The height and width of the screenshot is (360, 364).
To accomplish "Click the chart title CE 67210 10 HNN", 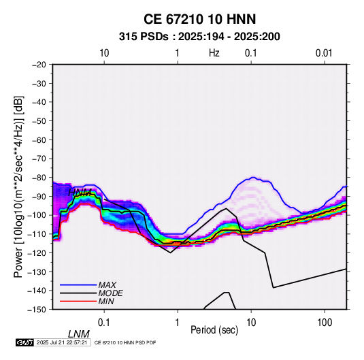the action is pyautogui.click(x=199, y=19).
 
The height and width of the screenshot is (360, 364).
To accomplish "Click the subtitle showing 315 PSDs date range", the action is pyautogui.click(x=199, y=37).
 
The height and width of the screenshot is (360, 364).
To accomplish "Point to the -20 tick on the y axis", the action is pyautogui.click(x=39, y=65).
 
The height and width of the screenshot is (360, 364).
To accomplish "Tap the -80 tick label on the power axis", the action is pyautogui.click(x=39, y=178).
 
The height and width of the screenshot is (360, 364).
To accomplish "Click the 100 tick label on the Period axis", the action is pyautogui.click(x=325, y=323).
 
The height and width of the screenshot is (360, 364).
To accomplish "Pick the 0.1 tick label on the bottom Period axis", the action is pyautogui.click(x=104, y=323).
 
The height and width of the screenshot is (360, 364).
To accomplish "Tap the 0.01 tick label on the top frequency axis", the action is pyautogui.click(x=324, y=53).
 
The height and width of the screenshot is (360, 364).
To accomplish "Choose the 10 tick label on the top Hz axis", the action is pyautogui.click(x=104, y=53).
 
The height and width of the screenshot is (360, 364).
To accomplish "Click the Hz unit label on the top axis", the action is pyautogui.click(x=214, y=53).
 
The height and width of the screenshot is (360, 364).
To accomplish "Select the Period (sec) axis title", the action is pyautogui.click(x=214, y=330).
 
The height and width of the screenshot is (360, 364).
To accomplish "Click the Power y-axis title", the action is pyautogui.click(x=18, y=187).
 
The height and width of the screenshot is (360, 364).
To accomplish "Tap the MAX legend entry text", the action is pyautogui.click(x=107, y=285).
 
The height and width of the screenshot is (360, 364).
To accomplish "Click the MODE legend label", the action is pyautogui.click(x=110, y=293).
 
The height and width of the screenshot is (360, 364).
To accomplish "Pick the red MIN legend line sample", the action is pyautogui.click(x=78, y=301).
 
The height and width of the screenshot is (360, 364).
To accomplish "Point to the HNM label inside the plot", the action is pyautogui.click(x=80, y=193).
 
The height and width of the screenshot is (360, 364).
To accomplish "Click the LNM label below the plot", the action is pyautogui.click(x=79, y=334).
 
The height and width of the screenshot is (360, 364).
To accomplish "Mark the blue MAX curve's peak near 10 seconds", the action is pyautogui.click(x=253, y=178).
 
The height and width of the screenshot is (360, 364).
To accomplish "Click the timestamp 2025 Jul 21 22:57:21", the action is pyautogui.click(x=62, y=342).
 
